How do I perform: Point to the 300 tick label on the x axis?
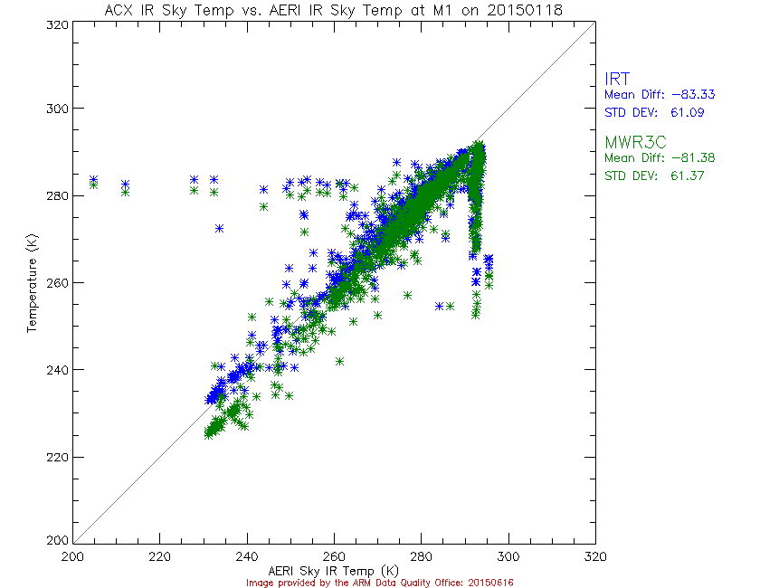pyautogui.click(x=508, y=555)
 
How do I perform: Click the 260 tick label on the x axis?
pyautogui.click(x=334, y=555)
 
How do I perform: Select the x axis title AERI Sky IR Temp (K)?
pyautogui.click(x=334, y=570)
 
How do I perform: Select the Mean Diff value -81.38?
pyautogui.click(x=683, y=157)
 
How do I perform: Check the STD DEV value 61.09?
pyautogui.click(x=685, y=113)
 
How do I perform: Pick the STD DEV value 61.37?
pyautogui.click(x=685, y=175)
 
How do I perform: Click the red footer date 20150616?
pyautogui.click(x=490, y=582)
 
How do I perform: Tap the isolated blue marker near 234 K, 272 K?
pyautogui.click(x=220, y=228)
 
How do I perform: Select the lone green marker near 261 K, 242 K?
pyautogui.click(x=339, y=361)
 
